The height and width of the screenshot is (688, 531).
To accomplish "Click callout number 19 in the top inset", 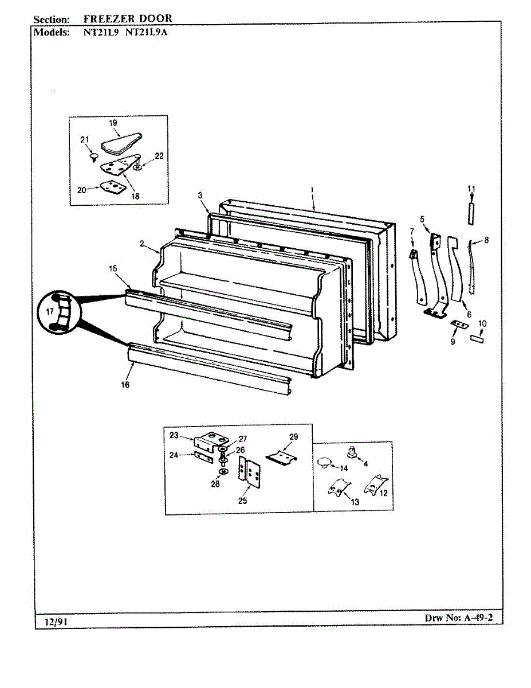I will [x=113, y=123].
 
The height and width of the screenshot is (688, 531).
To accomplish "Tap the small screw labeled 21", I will [x=92, y=156].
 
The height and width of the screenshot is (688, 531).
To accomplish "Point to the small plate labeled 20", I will [x=111, y=187].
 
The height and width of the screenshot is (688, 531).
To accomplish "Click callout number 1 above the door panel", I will [x=313, y=189].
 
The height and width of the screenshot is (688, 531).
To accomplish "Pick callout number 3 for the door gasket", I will [x=200, y=196].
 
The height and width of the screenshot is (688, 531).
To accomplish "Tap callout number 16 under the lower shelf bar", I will [x=125, y=385].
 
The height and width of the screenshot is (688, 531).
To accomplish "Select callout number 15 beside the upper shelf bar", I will [x=113, y=268].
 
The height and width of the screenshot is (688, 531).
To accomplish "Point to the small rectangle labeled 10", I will [x=477, y=339].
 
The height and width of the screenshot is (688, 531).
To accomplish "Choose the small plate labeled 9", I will [x=457, y=325].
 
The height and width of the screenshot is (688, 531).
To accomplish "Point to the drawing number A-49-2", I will [x=475, y=618].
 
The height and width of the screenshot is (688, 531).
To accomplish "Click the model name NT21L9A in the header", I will [x=146, y=32].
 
